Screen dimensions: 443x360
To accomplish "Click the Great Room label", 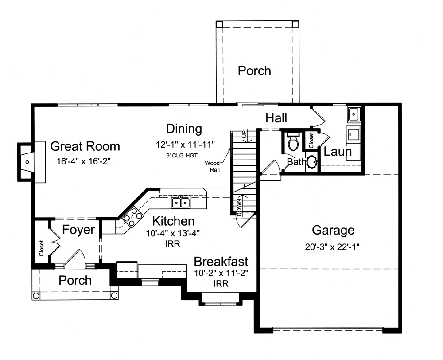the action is point(85,146).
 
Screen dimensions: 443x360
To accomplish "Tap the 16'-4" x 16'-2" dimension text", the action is point(84,161).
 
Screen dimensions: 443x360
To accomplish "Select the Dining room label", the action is point(184,129).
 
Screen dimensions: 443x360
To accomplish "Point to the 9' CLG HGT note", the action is point(182,155).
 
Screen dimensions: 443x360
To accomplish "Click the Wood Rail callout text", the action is point(213,167).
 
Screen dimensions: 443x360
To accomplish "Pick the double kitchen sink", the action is point(181,203).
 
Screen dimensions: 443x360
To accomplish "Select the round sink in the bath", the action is point(312,162).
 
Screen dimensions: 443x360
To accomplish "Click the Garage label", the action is point(333,230).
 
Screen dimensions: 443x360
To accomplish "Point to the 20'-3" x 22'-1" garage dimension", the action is point(332,247).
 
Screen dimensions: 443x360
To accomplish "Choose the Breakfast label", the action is point(221,262).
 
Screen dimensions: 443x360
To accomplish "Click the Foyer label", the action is point(78,230).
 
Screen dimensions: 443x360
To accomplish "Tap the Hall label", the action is point(276,118).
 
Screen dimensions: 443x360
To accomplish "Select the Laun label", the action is point(338,152).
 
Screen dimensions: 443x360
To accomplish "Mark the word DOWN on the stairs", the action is point(240,207).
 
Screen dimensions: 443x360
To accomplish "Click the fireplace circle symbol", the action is point(27,162).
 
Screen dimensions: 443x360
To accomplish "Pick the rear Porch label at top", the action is point(254,70).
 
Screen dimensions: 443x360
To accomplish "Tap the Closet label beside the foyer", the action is point(42,248).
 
